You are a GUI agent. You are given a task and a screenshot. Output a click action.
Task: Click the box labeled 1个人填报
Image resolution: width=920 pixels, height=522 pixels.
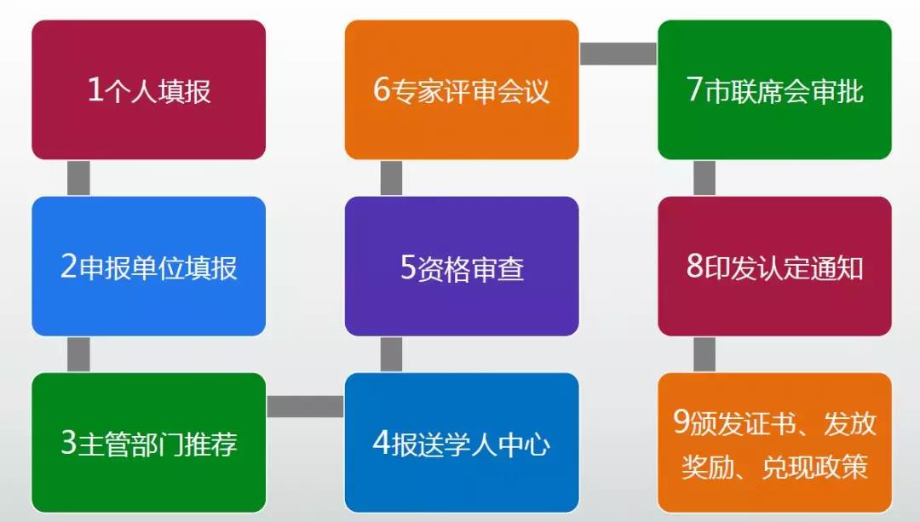point(148,89)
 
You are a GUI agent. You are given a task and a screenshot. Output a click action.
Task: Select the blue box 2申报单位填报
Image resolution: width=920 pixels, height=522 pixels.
point(148,267)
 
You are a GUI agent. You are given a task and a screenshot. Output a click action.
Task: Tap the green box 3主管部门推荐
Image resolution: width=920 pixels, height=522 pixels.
point(148,443)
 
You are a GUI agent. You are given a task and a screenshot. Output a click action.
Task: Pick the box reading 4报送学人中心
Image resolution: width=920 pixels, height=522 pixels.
point(462,443)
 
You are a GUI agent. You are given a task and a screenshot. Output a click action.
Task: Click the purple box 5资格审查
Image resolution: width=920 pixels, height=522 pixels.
point(462,267)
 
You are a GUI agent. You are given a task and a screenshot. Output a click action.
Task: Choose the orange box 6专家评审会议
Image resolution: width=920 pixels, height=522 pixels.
point(462,89)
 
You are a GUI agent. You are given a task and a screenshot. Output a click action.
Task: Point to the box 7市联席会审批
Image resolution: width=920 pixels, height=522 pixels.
point(774,89)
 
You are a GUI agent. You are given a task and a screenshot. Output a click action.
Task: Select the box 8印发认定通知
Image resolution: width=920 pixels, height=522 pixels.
point(774,267)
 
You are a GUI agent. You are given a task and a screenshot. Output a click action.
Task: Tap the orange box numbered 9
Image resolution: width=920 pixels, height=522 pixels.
point(774,443)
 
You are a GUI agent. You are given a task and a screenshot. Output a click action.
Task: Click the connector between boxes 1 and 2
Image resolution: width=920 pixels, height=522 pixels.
point(78,178)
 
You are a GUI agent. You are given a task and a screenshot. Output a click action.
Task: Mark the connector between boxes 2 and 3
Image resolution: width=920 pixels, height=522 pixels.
point(78,354)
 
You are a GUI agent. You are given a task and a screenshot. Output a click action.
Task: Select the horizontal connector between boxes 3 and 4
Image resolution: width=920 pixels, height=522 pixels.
point(305,406)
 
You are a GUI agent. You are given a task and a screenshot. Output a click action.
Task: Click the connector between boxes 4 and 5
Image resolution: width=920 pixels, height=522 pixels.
point(391,354)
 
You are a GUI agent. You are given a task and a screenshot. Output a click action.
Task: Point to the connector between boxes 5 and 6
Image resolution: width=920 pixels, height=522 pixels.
point(391,178)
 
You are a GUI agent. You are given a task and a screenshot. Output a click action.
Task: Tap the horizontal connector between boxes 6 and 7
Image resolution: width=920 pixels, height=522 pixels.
point(618,54)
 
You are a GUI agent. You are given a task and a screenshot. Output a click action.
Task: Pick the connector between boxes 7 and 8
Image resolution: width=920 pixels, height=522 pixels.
point(704,178)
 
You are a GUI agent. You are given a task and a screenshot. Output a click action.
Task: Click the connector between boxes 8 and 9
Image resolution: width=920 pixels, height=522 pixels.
point(704,354)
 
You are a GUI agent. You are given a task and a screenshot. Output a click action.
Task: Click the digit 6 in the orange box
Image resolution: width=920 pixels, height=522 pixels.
point(382,89)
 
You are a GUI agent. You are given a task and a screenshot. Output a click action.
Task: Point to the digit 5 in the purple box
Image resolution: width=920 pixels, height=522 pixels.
point(408,267)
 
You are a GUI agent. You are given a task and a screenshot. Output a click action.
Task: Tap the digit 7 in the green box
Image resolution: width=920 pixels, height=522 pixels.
point(695,89)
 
